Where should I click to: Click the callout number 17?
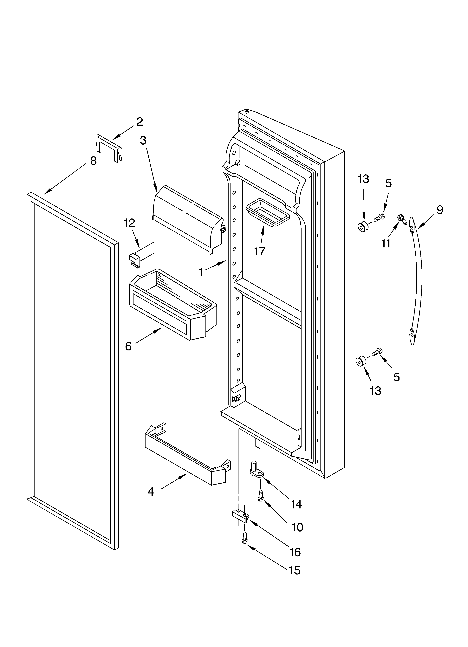click(259, 252)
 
